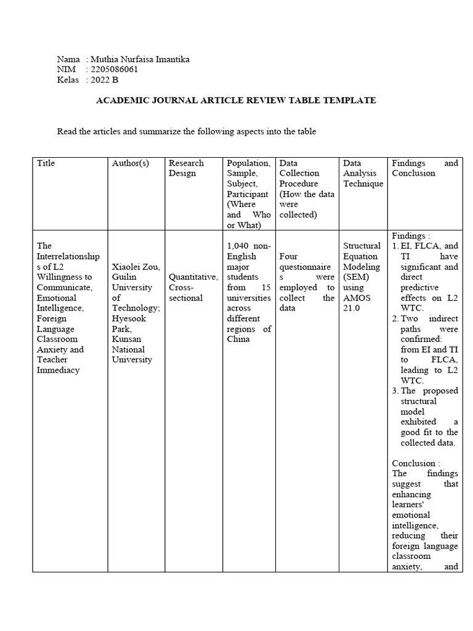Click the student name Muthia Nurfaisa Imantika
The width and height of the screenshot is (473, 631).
point(140,59)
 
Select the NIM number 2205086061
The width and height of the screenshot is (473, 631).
point(114,70)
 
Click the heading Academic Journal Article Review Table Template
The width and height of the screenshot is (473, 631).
point(236,100)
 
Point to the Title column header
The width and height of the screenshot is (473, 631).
point(46,163)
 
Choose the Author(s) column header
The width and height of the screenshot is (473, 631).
point(131,163)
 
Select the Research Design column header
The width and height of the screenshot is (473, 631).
point(186,168)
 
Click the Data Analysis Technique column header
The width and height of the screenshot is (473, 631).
point(363,173)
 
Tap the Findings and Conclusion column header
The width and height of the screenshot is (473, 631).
point(425,168)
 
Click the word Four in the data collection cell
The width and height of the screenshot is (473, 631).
point(289,256)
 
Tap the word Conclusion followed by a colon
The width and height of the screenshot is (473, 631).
point(416,463)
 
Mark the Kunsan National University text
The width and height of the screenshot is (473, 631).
point(132,349)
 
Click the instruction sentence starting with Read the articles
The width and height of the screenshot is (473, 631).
point(187,131)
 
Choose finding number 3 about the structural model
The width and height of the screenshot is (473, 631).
point(425,417)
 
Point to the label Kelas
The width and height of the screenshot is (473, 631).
point(68,79)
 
